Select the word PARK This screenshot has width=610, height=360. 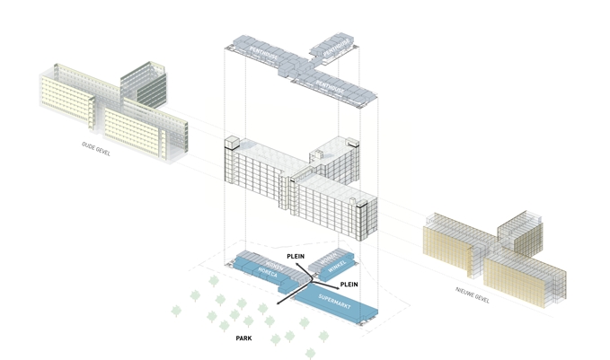243,339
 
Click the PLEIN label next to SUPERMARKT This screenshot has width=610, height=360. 349,284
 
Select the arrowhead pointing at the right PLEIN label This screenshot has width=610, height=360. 334,283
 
